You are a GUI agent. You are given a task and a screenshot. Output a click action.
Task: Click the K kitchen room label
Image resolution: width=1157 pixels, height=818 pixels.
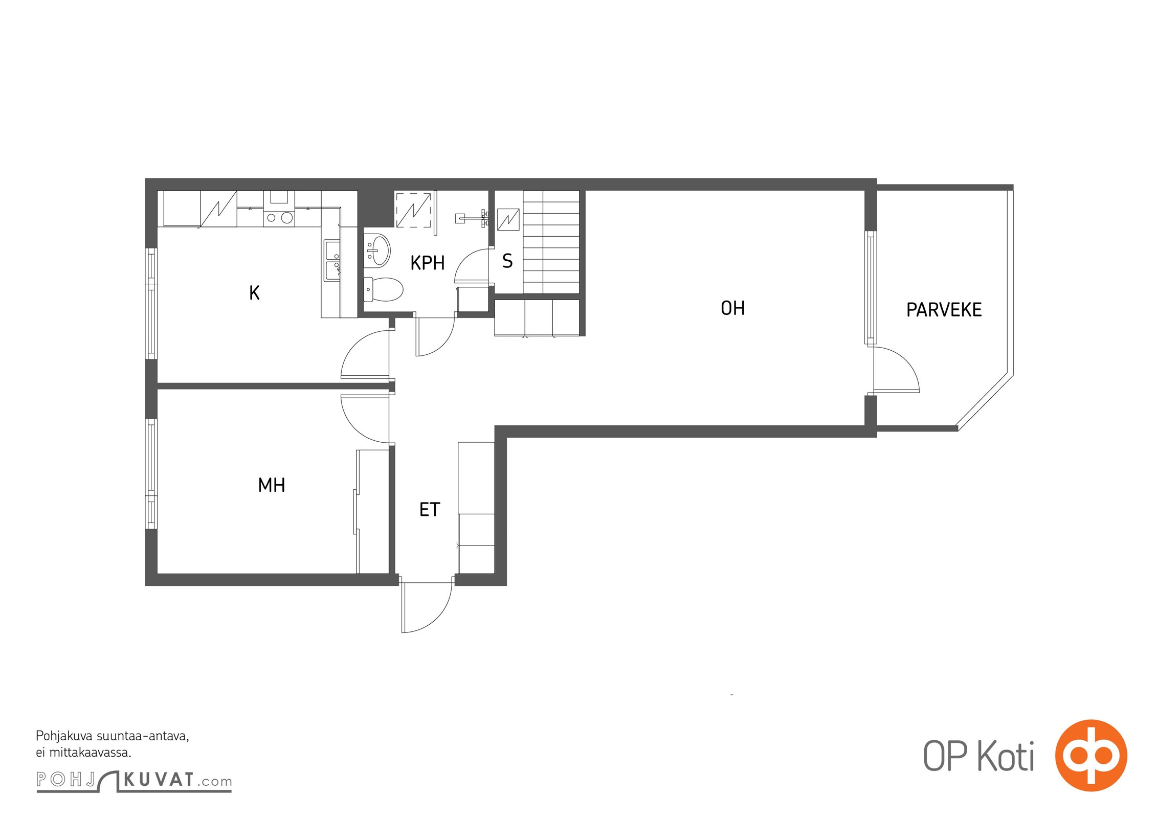(254, 293)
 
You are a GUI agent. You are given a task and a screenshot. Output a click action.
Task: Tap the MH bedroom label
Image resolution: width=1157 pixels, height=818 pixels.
(272, 485)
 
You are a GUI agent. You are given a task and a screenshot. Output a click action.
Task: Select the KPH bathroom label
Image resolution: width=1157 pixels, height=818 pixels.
(428, 263)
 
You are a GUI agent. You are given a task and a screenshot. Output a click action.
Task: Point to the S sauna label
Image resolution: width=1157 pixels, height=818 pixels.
(507, 261)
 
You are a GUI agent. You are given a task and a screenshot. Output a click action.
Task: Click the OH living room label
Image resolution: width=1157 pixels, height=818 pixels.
(732, 308)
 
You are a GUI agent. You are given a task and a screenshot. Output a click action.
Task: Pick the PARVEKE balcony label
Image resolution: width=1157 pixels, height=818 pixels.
(944, 310)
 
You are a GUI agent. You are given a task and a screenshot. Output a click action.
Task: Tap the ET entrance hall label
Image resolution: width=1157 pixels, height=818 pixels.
(430, 510)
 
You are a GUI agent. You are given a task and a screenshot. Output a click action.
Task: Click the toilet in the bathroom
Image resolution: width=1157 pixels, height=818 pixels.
(383, 290)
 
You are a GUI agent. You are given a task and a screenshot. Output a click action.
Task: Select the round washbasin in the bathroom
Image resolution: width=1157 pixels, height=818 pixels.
(377, 250)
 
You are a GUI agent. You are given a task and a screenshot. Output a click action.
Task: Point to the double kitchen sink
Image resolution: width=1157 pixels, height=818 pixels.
(332, 261)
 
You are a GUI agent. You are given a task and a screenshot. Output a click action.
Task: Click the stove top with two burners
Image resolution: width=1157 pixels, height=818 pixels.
(279, 218)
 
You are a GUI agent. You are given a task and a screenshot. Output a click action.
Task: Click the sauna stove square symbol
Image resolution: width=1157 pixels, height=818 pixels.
(508, 220)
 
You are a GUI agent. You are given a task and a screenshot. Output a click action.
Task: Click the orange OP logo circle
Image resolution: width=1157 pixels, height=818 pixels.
(1091, 756)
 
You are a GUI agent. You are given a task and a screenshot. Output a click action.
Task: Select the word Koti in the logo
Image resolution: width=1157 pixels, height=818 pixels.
(1006, 756)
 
